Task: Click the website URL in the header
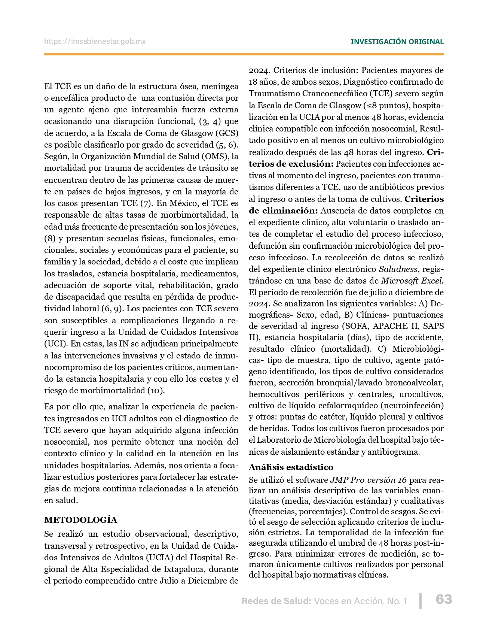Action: pos(95,42)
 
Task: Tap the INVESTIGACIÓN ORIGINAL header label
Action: pos(397,42)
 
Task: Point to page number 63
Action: pos(444,600)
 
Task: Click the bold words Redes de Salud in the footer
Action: pos(276,601)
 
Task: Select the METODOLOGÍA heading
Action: pos(80,520)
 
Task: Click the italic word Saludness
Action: pos(398,269)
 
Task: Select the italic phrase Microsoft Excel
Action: pos(412,281)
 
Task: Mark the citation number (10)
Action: pos(156,391)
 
